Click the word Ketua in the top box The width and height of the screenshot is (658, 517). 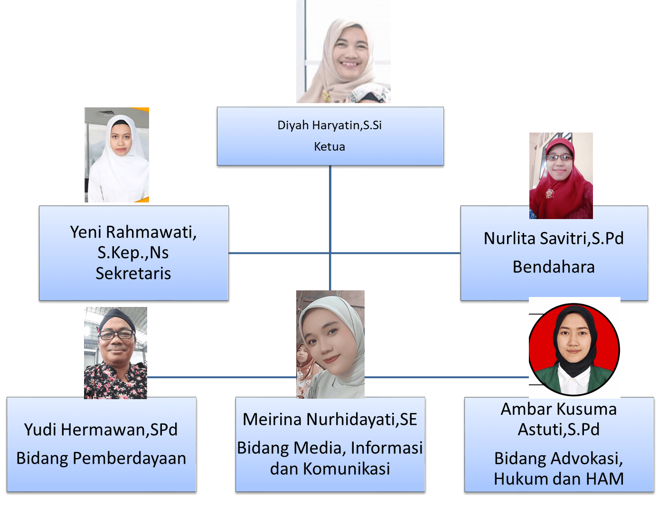pos(329,147)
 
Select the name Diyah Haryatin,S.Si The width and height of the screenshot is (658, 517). pos(329,125)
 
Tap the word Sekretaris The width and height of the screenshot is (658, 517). pos(133,273)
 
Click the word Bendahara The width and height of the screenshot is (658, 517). pos(554,267)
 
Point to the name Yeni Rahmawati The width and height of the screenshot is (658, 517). pos(133,232)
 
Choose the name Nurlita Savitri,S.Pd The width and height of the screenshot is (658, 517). pos(554,238)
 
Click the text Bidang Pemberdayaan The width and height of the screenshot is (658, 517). pos(101,458)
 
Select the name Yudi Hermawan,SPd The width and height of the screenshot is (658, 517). pos(101,430)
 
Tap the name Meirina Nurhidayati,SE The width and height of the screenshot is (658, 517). pos(330,420)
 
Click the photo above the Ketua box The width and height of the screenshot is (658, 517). pos(343,51)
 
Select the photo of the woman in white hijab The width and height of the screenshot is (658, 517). pos(117,155)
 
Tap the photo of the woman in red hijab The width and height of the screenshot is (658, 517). pos(561,176)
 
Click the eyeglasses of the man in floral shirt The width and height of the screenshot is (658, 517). pos(116,335)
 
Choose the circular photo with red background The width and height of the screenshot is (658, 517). pos(574,349)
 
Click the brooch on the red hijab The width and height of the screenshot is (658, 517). pos(550,193)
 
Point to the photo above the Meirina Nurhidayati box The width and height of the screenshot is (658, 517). pos(330,344)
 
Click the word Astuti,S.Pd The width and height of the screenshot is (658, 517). pos(559,430)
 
